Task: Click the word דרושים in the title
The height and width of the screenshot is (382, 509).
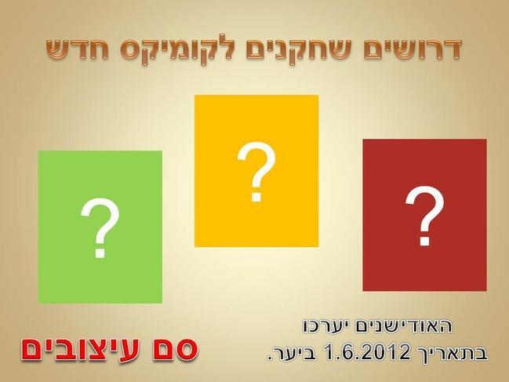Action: tap(413, 49)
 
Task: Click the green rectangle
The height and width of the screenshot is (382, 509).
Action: tap(100, 227)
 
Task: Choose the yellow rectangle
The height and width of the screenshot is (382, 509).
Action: tap(256, 171)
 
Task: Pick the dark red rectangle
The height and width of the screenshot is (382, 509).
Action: tap(424, 215)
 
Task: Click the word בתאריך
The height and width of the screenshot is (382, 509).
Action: tap(450, 353)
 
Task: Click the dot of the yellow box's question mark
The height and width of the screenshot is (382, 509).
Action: tap(256, 197)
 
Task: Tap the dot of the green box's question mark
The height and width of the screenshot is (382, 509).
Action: tap(100, 253)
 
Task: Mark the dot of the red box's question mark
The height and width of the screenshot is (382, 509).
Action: tap(424, 241)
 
